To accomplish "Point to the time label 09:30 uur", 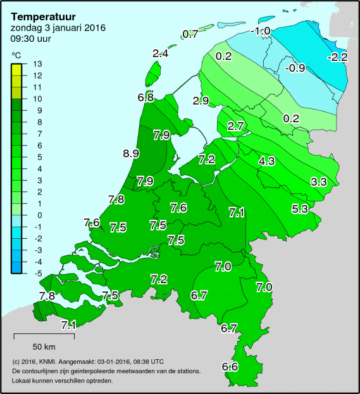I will tap(31, 39).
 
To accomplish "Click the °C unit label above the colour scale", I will tap(16, 56).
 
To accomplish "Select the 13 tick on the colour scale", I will tap(37, 63).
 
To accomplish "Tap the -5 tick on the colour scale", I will tap(37, 274).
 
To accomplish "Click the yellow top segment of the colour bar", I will tap(17, 69).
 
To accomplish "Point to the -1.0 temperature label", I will tap(260, 31).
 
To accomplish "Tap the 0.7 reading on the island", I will tap(190, 34).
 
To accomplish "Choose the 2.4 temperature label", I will tap(161, 54).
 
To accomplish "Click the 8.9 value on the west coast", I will tap(131, 153).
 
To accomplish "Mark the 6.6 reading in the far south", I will tap(230, 367).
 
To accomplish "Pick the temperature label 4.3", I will tap(267, 161).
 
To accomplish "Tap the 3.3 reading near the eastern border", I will tap(318, 182).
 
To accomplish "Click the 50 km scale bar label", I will tap(44, 346).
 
